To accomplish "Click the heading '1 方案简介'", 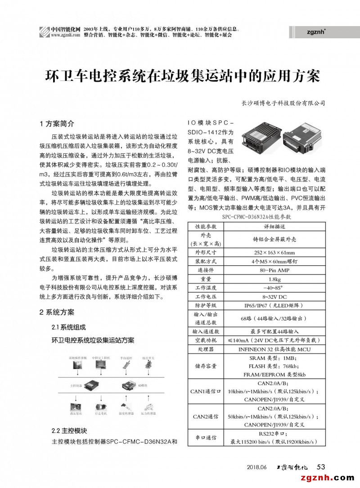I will (57, 123).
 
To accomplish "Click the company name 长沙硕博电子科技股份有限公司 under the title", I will (283, 103).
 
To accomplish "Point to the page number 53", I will (321, 466).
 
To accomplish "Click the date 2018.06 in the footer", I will (257, 466).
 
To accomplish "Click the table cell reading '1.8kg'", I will (274, 279).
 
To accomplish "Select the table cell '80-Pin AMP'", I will (274, 270).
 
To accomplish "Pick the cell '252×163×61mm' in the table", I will (274, 252).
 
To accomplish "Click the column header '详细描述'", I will (274, 226).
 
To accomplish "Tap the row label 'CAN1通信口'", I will (205, 391).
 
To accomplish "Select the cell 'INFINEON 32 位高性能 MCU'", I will (274, 349).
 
